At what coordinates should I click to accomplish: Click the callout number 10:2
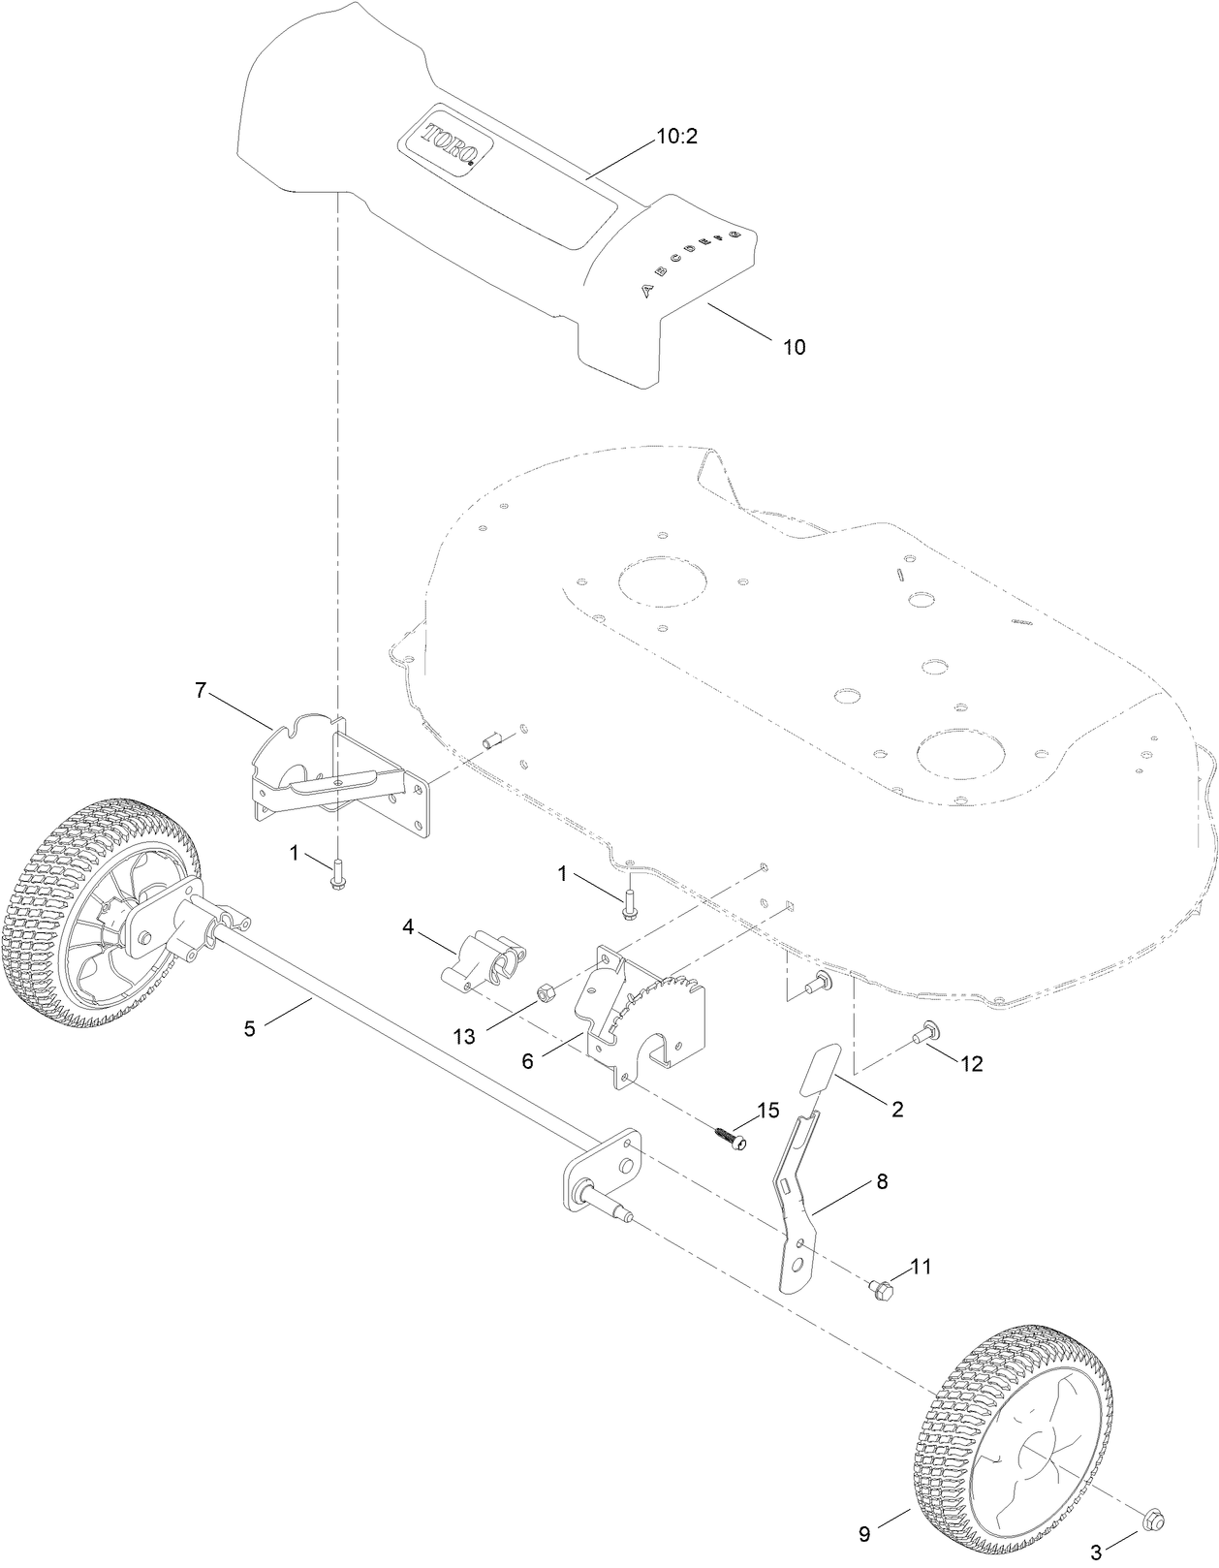677,137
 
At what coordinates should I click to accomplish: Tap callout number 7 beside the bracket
201,690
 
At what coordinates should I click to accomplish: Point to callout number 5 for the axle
249,1029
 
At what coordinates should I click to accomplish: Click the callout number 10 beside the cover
794,347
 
